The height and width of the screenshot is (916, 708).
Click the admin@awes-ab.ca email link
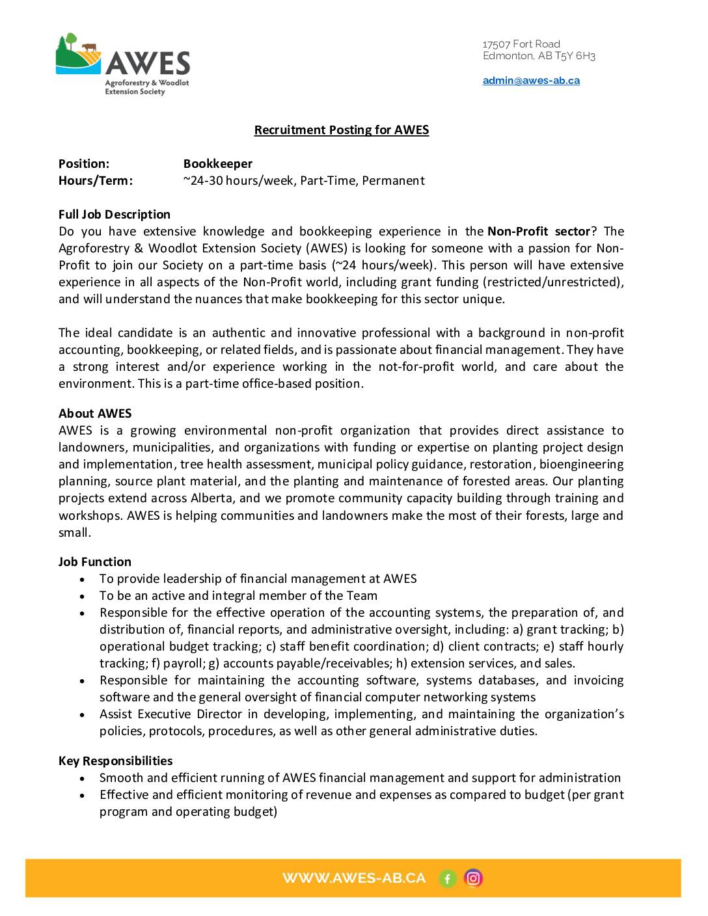531,81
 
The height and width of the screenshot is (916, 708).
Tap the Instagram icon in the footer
474,878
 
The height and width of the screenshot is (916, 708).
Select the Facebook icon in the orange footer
447,879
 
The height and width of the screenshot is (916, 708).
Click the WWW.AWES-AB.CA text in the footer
354,878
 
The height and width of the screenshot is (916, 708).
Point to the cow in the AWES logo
89,47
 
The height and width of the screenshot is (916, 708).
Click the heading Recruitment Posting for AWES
341,130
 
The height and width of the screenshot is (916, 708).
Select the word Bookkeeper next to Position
217,164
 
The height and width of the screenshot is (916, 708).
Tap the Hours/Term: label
96,181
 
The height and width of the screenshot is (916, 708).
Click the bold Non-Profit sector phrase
538,232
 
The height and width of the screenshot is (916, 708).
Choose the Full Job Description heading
115,215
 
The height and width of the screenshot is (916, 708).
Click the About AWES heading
95,414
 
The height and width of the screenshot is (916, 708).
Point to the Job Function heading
95,562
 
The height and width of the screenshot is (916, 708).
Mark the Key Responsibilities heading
116,761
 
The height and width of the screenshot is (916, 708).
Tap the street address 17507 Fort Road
521,44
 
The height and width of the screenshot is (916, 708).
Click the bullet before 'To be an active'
82,596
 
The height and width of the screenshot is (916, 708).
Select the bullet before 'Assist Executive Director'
82,714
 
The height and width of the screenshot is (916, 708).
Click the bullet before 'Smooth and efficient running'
82,778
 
